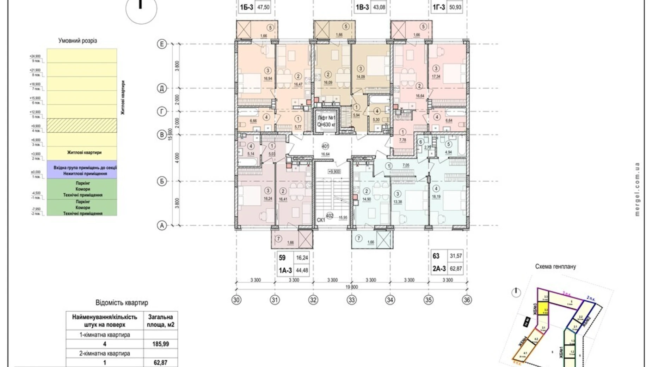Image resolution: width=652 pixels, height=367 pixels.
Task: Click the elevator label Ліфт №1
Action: pos(327,118)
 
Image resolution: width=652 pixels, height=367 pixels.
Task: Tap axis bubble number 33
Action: pos(351,300)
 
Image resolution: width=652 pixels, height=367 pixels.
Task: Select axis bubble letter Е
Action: pos(162,44)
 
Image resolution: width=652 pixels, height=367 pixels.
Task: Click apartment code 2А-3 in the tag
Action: pos(439,269)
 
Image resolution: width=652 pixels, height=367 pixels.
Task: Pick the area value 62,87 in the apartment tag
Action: pos(455,269)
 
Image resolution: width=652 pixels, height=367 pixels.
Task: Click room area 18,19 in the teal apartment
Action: pos(436,197)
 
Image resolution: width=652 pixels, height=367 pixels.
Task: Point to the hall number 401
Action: pos(325,146)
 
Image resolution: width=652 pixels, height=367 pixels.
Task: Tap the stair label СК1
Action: pos(320,220)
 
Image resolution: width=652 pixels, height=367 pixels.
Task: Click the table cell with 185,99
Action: pos(160,344)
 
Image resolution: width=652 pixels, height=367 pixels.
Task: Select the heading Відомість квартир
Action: pos(122,303)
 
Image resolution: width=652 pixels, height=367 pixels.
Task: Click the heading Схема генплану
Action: pos(555,267)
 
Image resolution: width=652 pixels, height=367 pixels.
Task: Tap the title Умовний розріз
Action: pos(78,41)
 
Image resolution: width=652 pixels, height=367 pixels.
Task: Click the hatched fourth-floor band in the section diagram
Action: pos(82,125)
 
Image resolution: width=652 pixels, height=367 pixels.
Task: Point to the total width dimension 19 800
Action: pos(351,287)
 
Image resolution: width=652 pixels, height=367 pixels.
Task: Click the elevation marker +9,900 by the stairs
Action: pos(334,172)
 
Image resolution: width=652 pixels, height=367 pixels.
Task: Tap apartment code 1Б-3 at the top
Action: pos(246,7)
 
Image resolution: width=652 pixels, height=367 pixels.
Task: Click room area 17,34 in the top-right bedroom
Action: pos(436,76)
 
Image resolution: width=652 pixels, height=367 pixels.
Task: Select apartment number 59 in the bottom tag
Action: pos(282,258)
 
